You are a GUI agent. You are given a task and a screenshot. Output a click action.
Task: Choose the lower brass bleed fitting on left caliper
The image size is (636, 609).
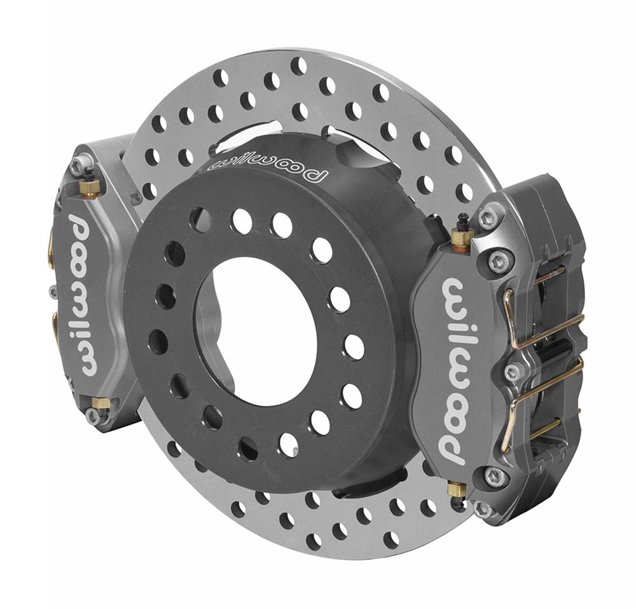(x=100, y=403)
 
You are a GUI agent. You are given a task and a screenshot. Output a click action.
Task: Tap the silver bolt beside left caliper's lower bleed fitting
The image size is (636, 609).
(x=93, y=416)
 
